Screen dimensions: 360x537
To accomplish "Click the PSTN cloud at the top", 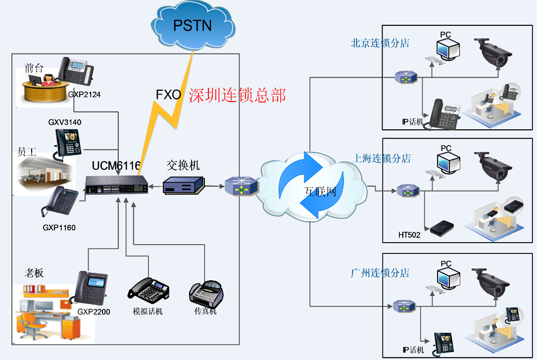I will pyautogui.click(x=193, y=26).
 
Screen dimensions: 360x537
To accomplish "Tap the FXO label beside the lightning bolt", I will pyautogui.click(x=168, y=95).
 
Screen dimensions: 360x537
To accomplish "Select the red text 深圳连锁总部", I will pyautogui.click(x=237, y=95).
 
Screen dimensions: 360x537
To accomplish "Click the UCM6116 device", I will pyautogui.click(x=117, y=185).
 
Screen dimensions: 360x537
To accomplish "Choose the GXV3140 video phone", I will pyautogui.click(x=68, y=143).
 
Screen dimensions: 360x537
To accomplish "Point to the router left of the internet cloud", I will pyautogui.click(x=241, y=186).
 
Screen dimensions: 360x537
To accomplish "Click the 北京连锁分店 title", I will pyautogui.click(x=380, y=43).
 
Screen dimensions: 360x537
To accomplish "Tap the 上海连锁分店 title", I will pyautogui.click(x=382, y=158).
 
